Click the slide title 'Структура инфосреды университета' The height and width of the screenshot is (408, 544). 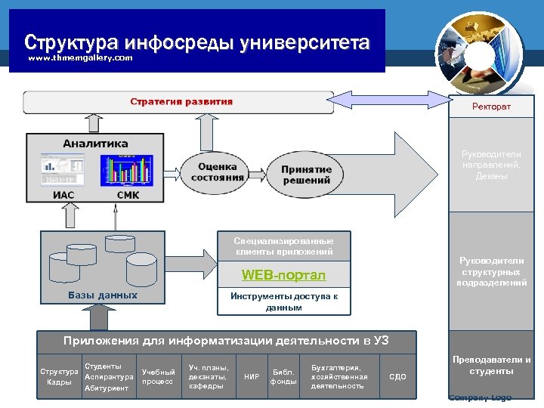pyautogui.click(x=196, y=42)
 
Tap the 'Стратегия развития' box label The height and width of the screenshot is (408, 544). pyautogui.click(x=181, y=102)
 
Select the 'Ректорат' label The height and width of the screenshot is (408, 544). pyautogui.click(x=491, y=107)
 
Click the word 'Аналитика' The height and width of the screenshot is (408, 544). pyautogui.click(x=95, y=144)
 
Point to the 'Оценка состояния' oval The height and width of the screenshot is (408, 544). pyautogui.click(x=218, y=172)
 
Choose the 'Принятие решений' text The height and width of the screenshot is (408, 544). pyautogui.click(x=306, y=175)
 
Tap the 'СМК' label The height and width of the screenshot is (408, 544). pyautogui.click(x=128, y=195)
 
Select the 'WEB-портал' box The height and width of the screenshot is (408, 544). pyautogui.click(x=283, y=274)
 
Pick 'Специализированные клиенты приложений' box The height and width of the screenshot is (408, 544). pyautogui.click(x=283, y=246)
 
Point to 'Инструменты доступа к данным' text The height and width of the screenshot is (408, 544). pyautogui.click(x=283, y=302)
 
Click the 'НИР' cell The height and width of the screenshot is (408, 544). pyautogui.click(x=252, y=376)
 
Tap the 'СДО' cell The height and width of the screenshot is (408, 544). pyautogui.click(x=397, y=376)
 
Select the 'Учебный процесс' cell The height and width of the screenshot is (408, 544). pyautogui.click(x=159, y=376)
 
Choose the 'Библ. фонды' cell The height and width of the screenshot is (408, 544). pyautogui.click(x=283, y=376)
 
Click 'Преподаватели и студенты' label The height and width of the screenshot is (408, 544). pyautogui.click(x=491, y=366)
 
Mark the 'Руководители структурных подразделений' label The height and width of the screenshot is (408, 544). pyautogui.click(x=491, y=272)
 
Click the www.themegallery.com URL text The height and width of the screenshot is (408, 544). pyautogui.click(x=80, y=58)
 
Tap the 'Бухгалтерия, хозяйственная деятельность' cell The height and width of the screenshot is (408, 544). pyautogui.click(x=339, y=376)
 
